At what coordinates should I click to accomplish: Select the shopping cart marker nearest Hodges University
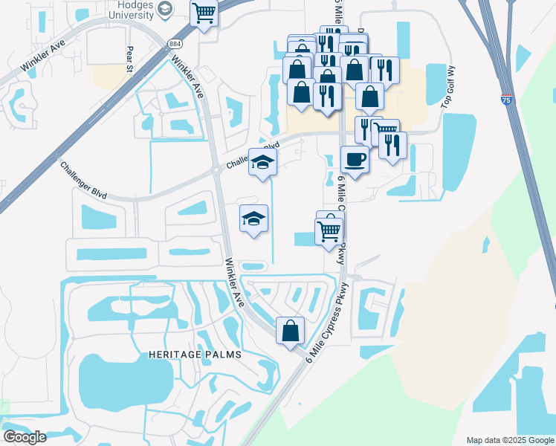(x=204, y=13)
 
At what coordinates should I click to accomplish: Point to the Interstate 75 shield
(x=505, y=100)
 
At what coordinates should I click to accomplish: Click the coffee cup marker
(x=355, y=159)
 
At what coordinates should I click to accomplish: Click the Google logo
(x=25, y=436)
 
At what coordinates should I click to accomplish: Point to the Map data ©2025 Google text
(x=509, y=440)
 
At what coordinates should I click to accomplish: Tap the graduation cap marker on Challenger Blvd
(x=262, y=162)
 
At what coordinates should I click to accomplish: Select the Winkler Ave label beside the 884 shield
(x=187, y=78)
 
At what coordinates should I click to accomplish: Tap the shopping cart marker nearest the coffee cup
(x=385, y=133)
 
